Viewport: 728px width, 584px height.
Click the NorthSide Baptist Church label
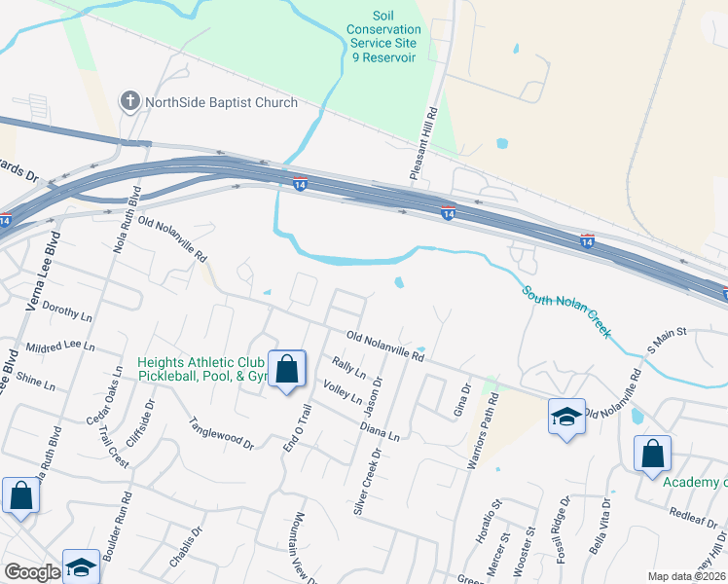tap(221, 102)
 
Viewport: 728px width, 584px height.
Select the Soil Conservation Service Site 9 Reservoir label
tap(383, 37)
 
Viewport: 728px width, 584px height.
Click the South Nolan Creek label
tap(566, 311)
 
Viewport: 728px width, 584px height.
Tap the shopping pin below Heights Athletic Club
tap(287, 370)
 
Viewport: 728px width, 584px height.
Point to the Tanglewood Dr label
tap(221, 433)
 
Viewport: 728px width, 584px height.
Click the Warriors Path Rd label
tap(484, 432)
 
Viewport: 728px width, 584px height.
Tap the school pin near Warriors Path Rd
tap(566, 418)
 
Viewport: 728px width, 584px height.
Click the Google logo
tap(32, 572)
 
